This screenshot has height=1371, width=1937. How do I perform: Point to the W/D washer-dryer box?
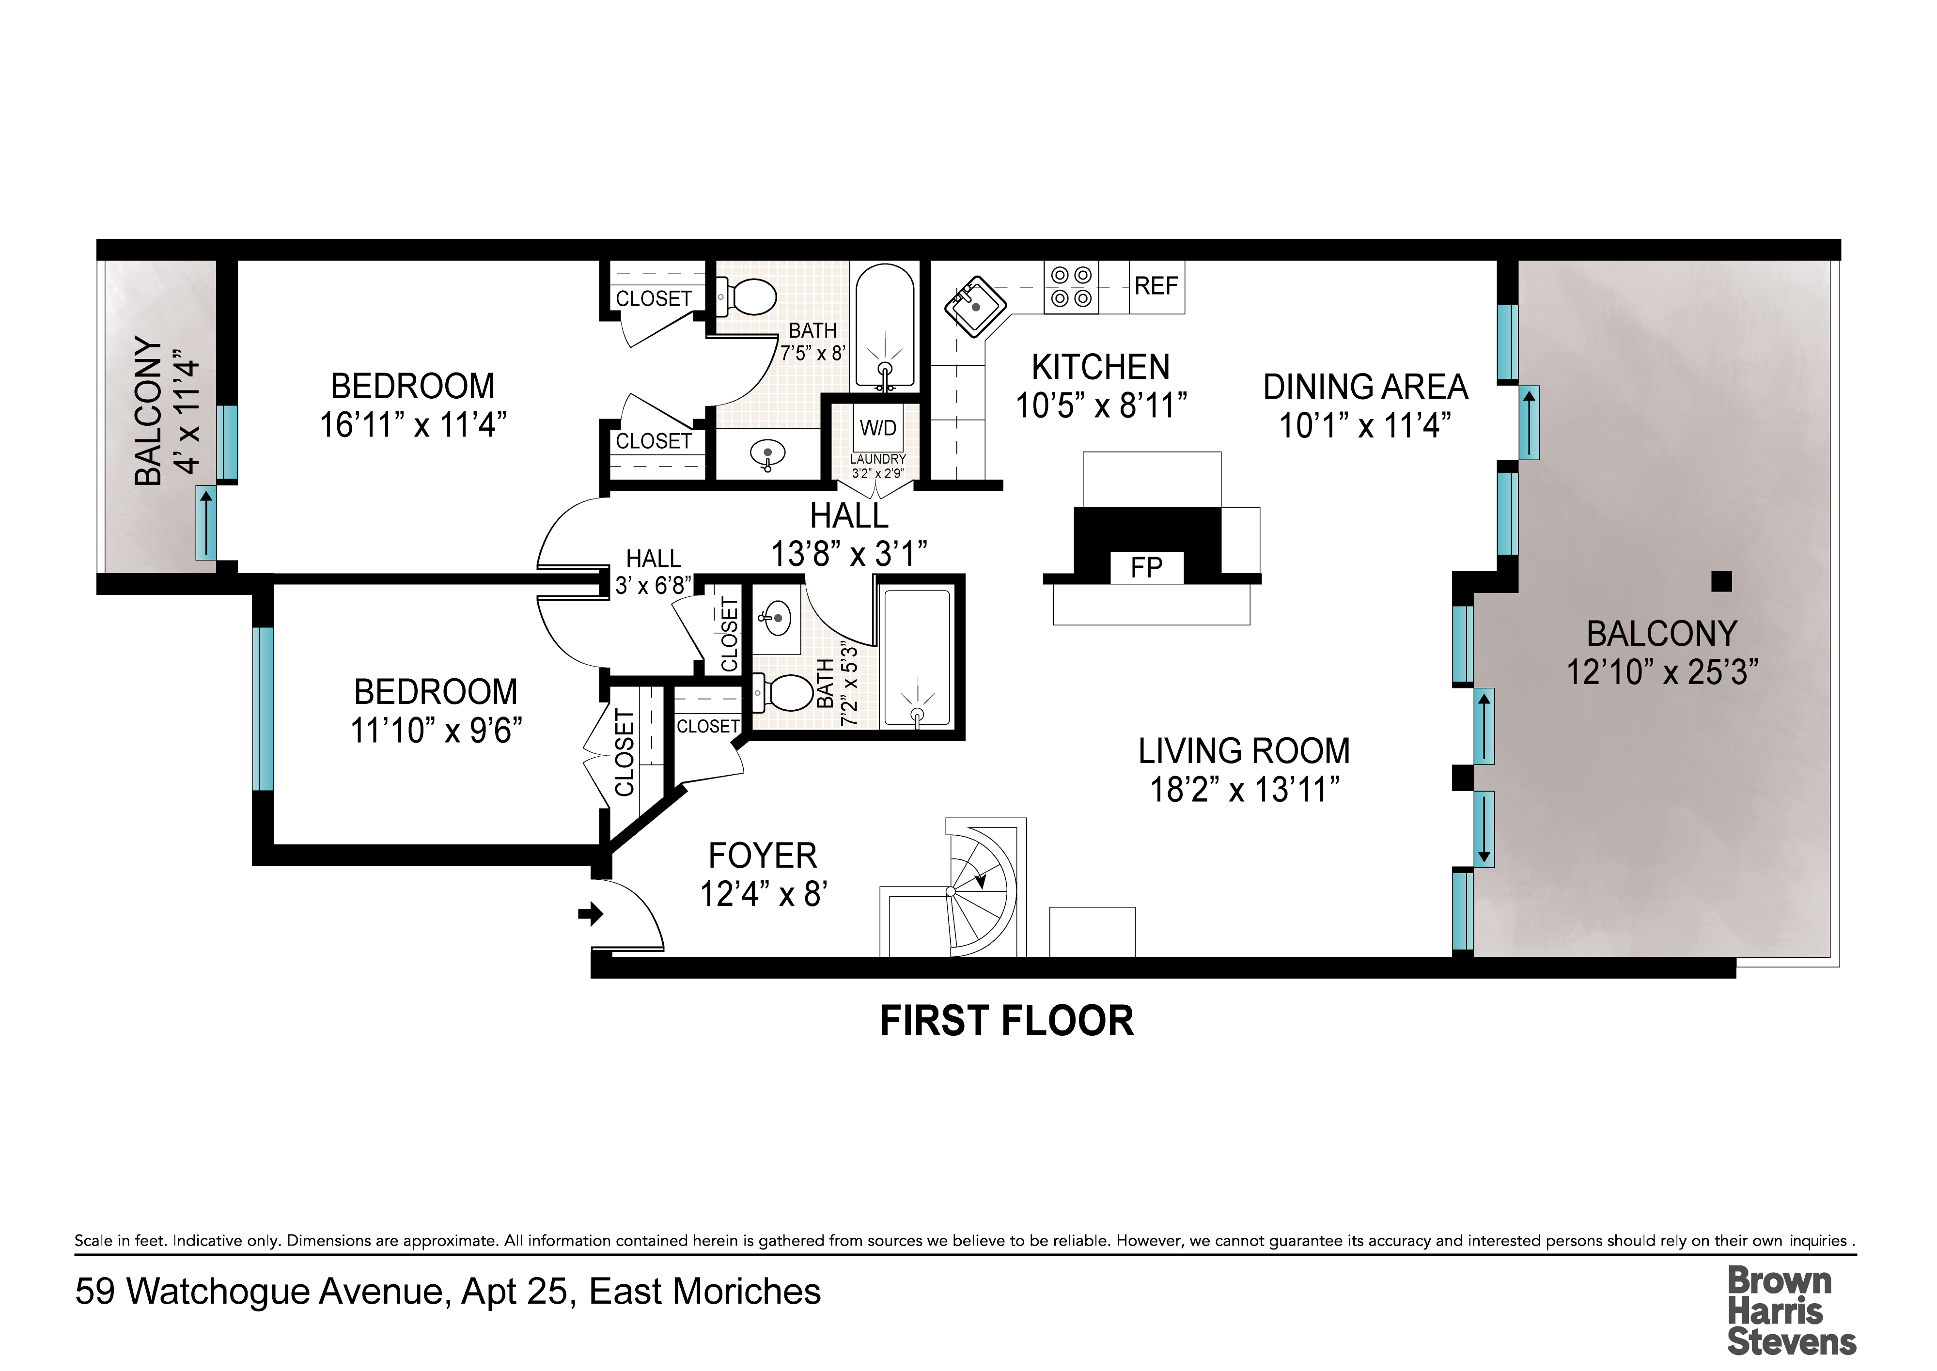(878, 429)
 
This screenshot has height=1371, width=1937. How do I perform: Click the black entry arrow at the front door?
(591, 914)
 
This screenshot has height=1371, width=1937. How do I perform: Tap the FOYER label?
(763, 856)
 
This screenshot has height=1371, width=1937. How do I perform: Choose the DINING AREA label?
(1365, 388)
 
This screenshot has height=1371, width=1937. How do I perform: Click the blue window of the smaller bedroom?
(263, 709)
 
